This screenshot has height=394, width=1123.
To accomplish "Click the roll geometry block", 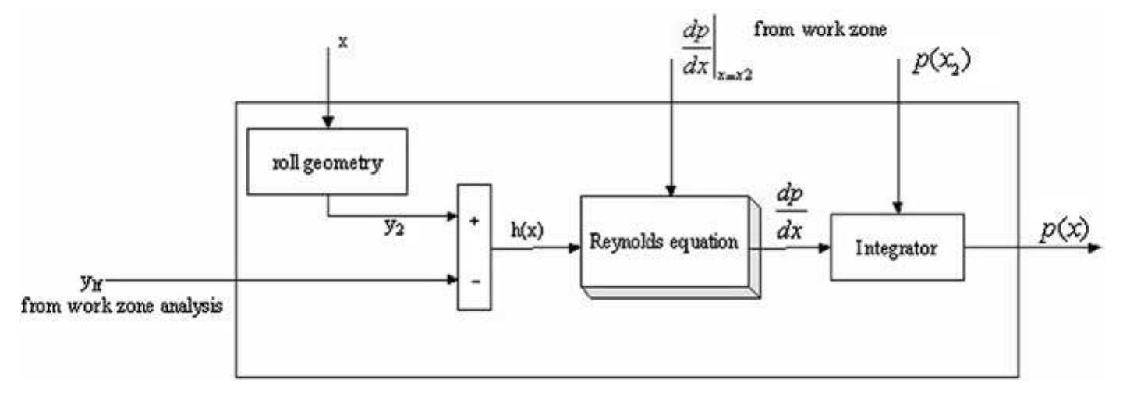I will coord(327,162).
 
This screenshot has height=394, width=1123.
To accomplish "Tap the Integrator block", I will coord(897,247).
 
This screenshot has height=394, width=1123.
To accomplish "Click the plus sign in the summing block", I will coord(473,221).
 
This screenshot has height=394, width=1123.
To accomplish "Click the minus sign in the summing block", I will coord(473,279).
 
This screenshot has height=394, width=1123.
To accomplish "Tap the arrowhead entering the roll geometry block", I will coord(328,121).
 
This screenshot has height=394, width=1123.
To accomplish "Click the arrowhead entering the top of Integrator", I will coord(898,207).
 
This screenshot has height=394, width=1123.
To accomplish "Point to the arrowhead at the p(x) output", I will coord(1095,248).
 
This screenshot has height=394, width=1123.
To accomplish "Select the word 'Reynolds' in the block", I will coord(626,242).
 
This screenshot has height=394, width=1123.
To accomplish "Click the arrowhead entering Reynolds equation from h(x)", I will coord(575,248).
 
